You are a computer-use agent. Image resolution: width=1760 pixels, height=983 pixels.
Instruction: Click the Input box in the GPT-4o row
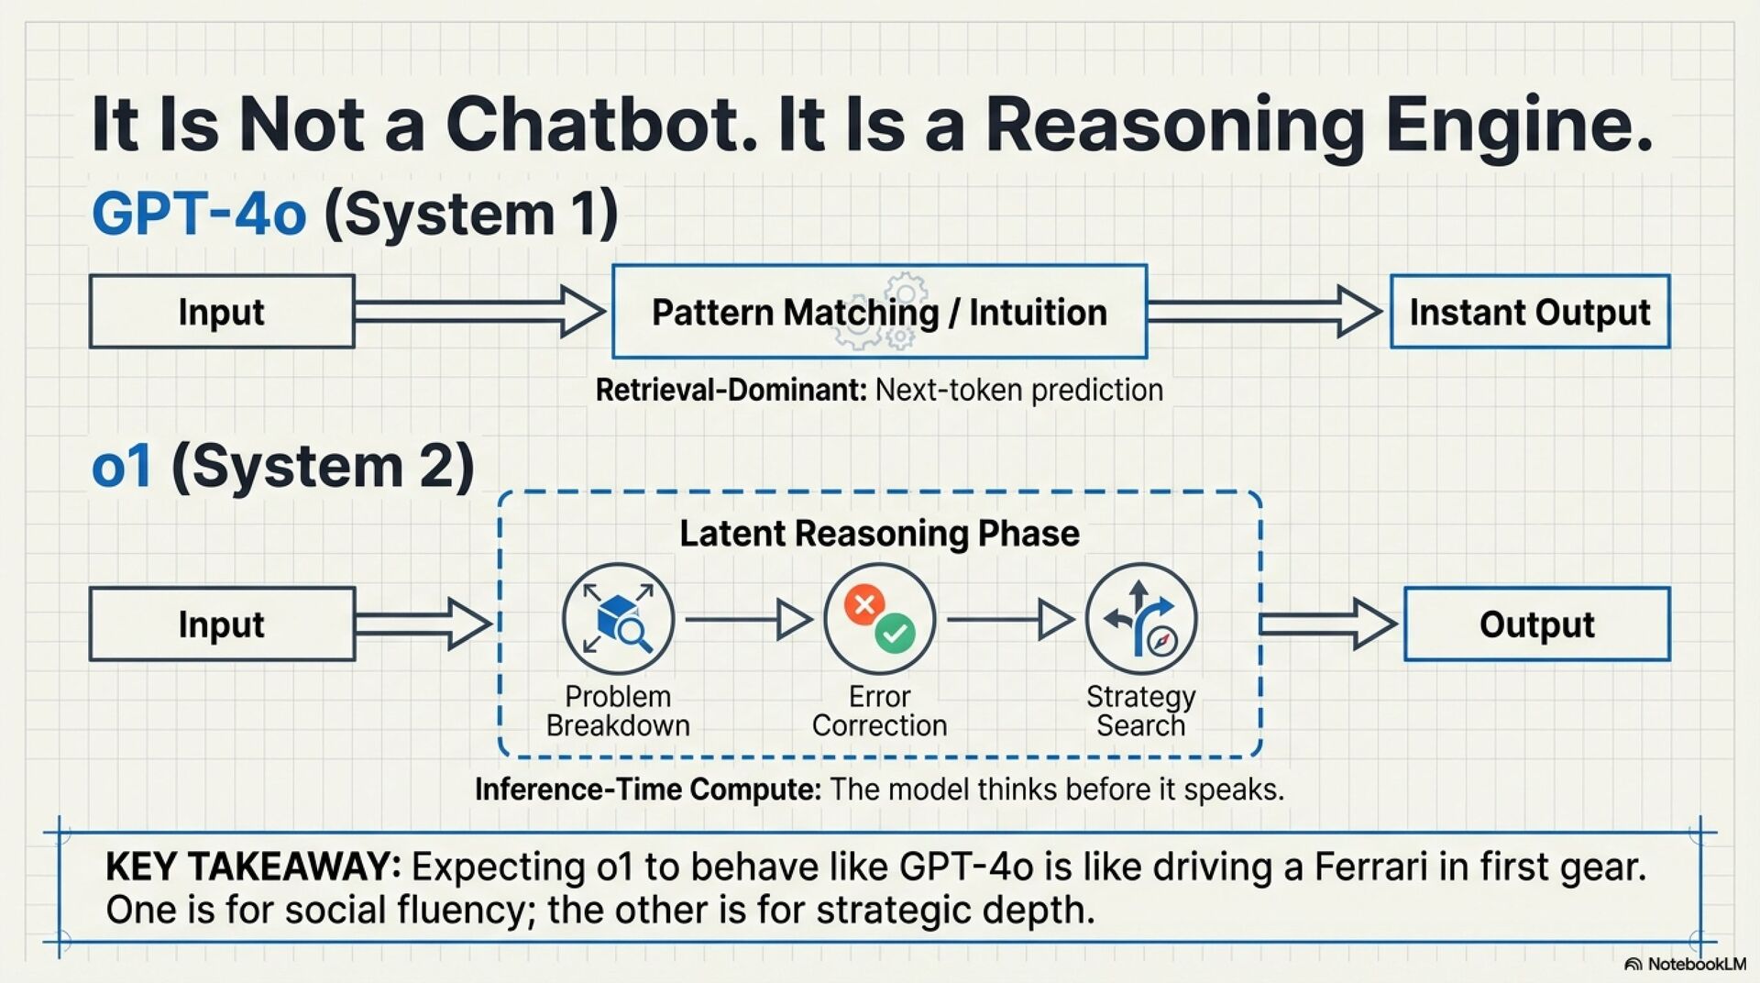click(x=222, y=312)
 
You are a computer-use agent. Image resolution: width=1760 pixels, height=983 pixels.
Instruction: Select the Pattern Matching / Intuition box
click(x=879, y=312)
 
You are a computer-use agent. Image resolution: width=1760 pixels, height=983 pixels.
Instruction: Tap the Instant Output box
click(x=1529, y=312)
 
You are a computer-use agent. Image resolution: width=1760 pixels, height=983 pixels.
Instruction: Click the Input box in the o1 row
click(x=222, y=624)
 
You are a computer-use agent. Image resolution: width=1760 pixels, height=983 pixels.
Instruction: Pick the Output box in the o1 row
click(x=1536, y=624)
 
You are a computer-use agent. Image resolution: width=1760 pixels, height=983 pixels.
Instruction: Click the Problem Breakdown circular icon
click(x=618, y=620)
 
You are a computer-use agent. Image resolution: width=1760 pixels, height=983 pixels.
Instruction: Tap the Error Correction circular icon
click(x=879, y=620)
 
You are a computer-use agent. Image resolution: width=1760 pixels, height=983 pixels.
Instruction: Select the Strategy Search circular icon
click(x=1140, y=620)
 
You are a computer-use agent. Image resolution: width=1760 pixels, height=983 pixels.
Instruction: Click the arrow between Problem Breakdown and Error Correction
click(x=748, y=620)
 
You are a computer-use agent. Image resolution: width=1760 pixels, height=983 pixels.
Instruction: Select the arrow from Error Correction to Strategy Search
click(x=1009, y=620)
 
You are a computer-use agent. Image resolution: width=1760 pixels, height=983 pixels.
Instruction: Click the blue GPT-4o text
click(x=199, y=214)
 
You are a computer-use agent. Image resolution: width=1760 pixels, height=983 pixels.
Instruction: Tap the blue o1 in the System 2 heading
click(x=121, y=466)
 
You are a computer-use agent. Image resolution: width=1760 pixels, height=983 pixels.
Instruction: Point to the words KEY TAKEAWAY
click(x=253, y=867)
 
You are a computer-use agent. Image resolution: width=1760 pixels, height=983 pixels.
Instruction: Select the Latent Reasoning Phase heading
click(x=879, y=534)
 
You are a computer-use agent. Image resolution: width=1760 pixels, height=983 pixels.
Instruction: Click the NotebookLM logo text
click(x=1696, y=965)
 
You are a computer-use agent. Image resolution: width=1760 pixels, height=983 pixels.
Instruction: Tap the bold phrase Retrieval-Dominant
click(x=731, y=391)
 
